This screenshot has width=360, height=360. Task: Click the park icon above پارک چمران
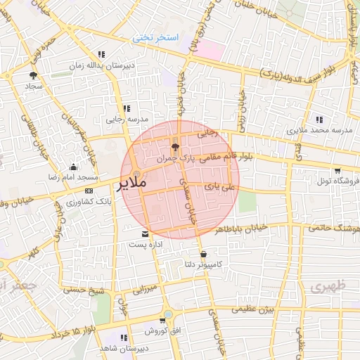[x=175, y=148]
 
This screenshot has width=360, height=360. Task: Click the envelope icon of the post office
[x=146, y=233]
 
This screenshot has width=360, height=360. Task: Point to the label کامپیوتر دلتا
[x=202, y=264]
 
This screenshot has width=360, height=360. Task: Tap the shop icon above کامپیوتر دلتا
[x=203, y=254]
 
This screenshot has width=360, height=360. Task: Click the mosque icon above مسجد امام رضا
[x=74, y=167]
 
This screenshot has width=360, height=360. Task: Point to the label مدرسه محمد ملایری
[x=316, y=131]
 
